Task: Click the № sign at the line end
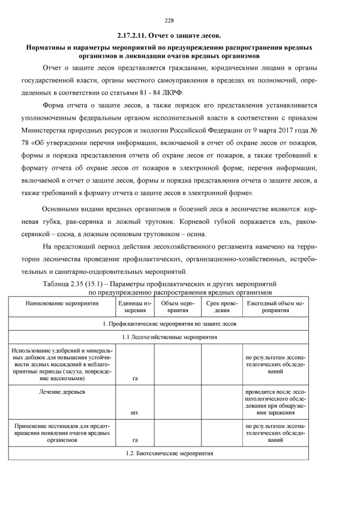[x=315, y=131]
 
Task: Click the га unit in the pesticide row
[x=134, y=440]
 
